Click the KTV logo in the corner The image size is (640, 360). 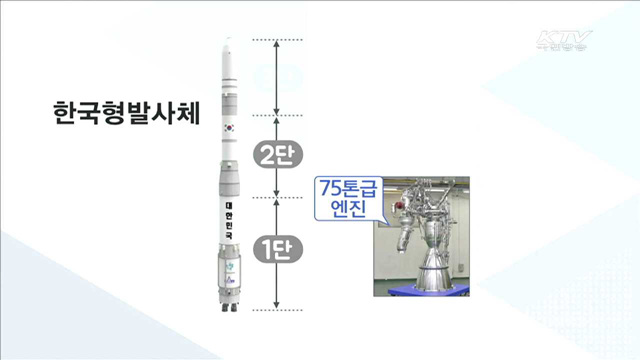point(565,43)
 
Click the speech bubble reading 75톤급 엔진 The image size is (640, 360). point(343,198)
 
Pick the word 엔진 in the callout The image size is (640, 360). point(343,211)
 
